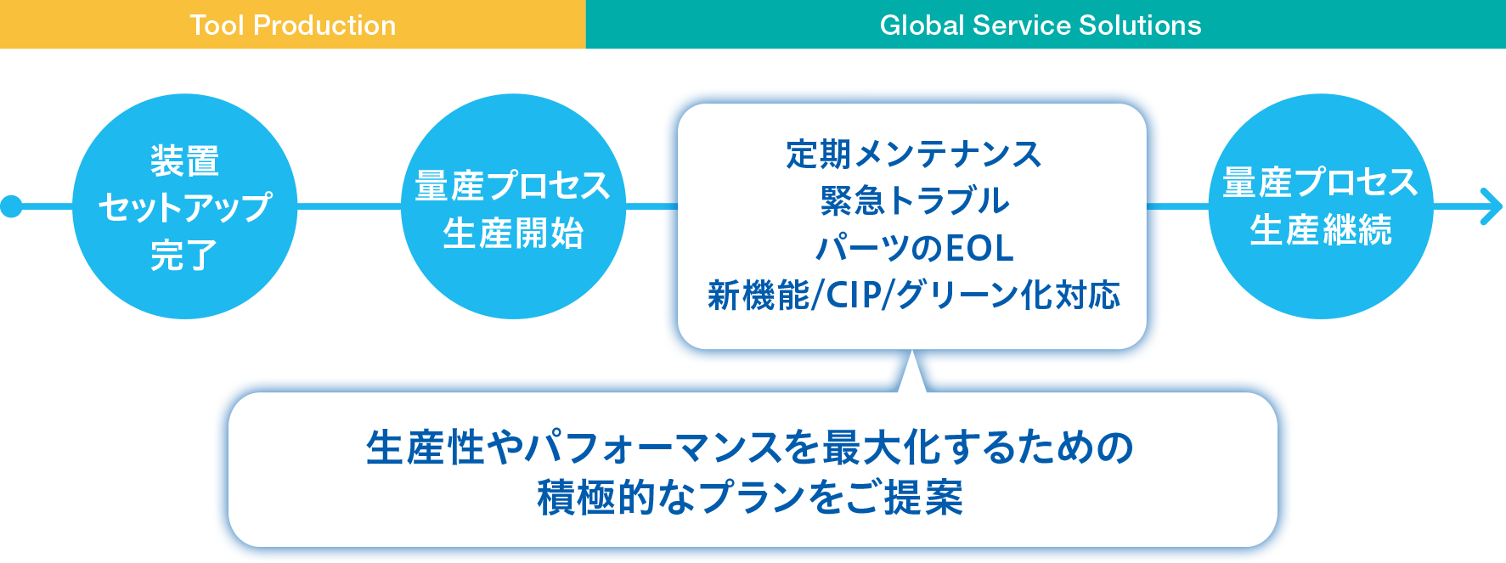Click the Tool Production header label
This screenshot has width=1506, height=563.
292,25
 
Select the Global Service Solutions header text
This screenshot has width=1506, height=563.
1041,25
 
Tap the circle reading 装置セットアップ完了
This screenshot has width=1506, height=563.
184,206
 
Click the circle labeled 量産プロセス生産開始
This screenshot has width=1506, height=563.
513,206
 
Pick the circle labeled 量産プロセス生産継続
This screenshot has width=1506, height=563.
1320,206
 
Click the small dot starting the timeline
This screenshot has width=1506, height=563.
11,206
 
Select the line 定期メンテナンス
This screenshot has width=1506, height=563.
913,155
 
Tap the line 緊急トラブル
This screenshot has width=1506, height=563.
914,201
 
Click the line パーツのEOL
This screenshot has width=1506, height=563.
914,248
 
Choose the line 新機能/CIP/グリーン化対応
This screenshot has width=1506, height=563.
914,296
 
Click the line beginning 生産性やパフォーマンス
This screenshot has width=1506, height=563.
750,448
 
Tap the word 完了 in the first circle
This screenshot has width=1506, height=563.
184,255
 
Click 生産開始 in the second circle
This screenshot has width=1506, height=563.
513,233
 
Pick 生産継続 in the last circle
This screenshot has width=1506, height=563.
1321,230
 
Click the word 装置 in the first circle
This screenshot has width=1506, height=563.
184,160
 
